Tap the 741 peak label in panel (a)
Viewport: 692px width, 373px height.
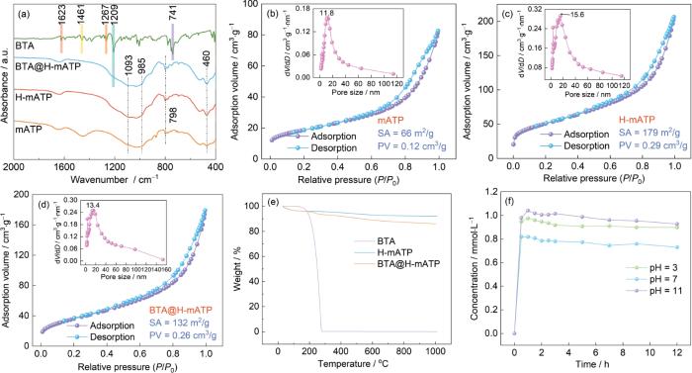pos(173,13)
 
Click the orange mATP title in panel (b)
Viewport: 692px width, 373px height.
pos(390,120)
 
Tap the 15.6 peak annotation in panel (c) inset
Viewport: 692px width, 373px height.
pos(577,14)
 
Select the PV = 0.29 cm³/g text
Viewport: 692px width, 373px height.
pos(652,145)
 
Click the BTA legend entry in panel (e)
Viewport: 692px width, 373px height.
pos(387,241)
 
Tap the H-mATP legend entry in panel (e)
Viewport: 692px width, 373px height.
pos(394,253)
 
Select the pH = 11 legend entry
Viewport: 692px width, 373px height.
pos(655,290)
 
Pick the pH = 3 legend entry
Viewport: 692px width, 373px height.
pos(652,267)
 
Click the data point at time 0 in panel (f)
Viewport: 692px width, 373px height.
pos(514,333)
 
